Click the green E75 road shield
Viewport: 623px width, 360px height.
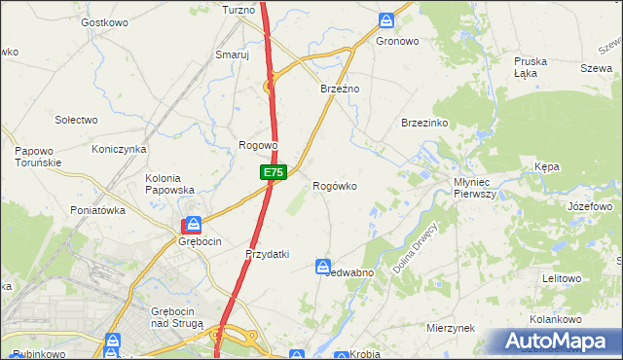pyautogui.click(x=273, y=172)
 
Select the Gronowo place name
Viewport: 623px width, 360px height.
pyautogui.click(x=396, y=42)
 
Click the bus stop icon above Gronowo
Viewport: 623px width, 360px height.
pyautogui.click(x=386, y=19)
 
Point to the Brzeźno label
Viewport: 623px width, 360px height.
pyautogui.click(x=341, y=89)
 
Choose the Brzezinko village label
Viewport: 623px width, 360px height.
pyautogui.click(x=423, y=123)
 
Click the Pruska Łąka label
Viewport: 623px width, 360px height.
pyautogui.click(x=531, y=67)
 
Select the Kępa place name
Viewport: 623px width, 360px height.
pyautogui.click(x=547, y=166)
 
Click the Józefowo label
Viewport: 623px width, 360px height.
pyautogui.click(x=590, y=207)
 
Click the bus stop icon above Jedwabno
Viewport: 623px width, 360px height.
pyautogui.click(x=324, y=266)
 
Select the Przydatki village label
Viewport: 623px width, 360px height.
pyautogui.click(x=267, y=254)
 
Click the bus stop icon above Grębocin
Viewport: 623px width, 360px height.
pyautogui.click(x=195, y=224)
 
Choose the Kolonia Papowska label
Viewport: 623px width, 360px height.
pyautogui.click(x=170, y=184)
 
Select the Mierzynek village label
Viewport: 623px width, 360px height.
pyautogui.click(x=450, y=329)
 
